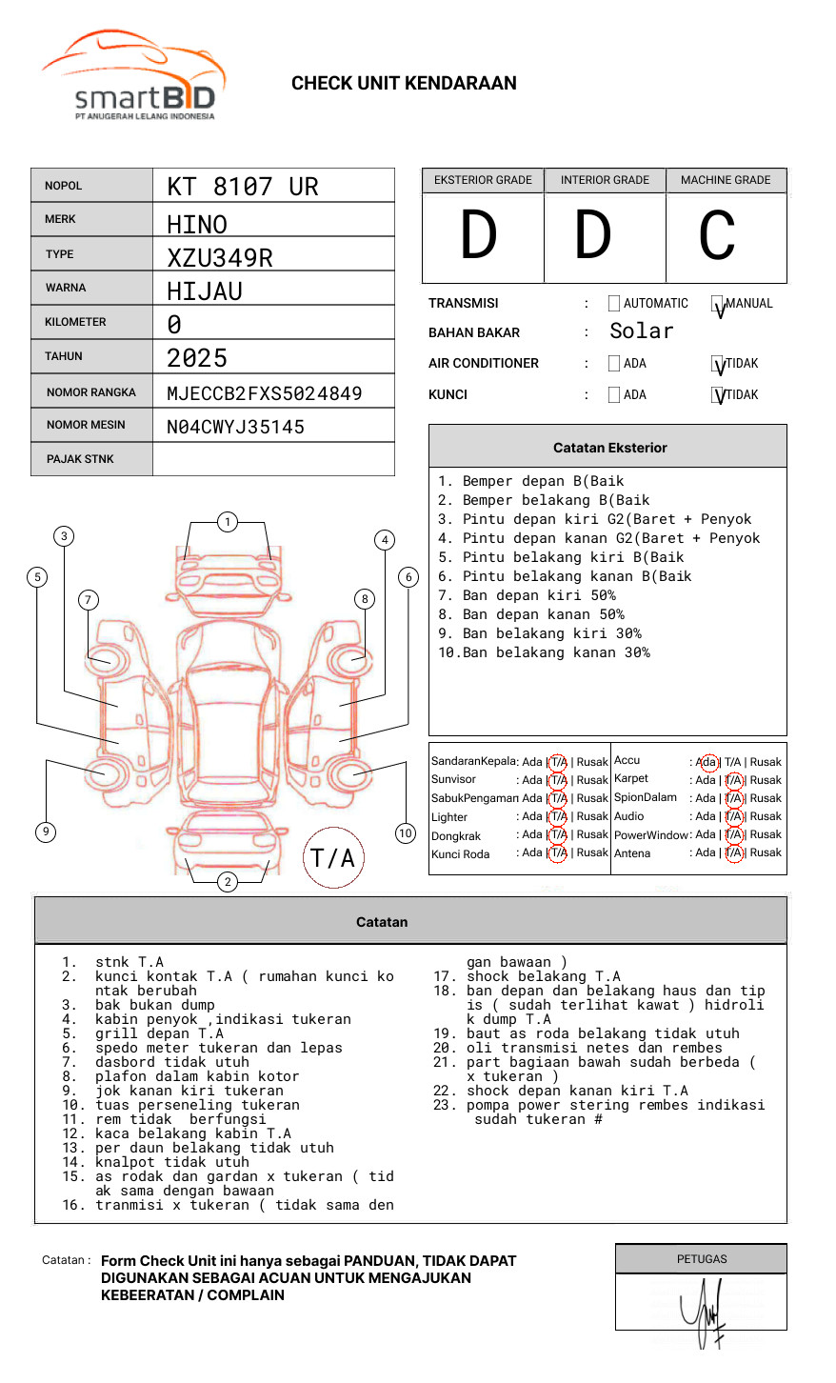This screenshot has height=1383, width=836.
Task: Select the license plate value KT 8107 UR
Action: click(x=243, y=187)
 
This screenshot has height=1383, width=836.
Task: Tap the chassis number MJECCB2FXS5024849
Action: click(x=264, y=393)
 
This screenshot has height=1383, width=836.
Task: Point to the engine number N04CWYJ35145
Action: click(x=235, y=427)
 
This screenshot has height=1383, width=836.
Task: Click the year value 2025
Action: click(x=197, y=358)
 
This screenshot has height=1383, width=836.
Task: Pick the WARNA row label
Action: click(x=66, y=288)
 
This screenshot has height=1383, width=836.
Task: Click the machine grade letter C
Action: click(x=717, y=236)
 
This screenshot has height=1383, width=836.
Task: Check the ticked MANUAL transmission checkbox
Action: click(x=718, y=304)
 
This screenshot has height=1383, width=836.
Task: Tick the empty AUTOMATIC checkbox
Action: click(x=614, y=304)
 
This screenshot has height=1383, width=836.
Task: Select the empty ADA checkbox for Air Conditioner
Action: click(x=614, y=364)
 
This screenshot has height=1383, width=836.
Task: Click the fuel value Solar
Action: click(x=641, y=331)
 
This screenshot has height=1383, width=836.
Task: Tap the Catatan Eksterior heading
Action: click(x=609, y=448)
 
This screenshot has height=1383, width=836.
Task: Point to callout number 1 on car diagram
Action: click(x=227, y=522)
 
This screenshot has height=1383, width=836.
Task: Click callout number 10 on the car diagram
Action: click(x=406, y=833)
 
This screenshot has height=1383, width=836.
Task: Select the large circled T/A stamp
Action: click(x=333, y=857)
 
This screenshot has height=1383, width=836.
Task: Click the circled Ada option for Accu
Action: click(x=707, y=762)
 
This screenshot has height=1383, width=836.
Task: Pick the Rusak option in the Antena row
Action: click(x=766, y=852)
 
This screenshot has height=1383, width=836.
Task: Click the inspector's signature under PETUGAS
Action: click(x=705, y=1313)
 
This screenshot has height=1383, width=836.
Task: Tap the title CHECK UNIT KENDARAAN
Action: click(x=404, y=84)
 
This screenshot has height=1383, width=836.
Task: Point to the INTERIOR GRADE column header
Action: click(x=605, y=180)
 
